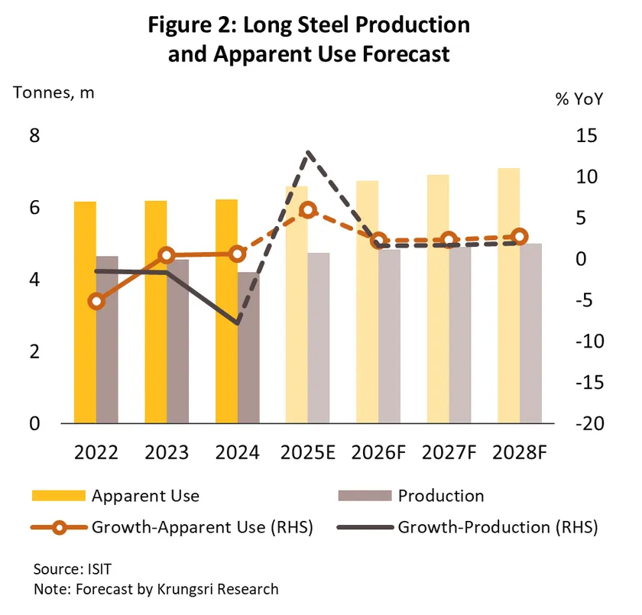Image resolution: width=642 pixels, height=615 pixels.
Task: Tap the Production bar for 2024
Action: (x=248, y=348)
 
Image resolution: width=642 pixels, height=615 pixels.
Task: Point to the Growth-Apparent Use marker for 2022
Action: (x=96, y=301)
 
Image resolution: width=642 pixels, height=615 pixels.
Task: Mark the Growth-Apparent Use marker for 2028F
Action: (x=520, y=237)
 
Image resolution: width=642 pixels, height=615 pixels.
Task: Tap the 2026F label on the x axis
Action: (x=379, y=452)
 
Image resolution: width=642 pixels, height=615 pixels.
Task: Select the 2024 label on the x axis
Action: (x=238, y=452)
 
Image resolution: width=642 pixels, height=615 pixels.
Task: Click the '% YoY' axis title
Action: (x=579, y=101)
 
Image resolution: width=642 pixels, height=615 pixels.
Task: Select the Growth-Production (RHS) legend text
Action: (x=498, y=526)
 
